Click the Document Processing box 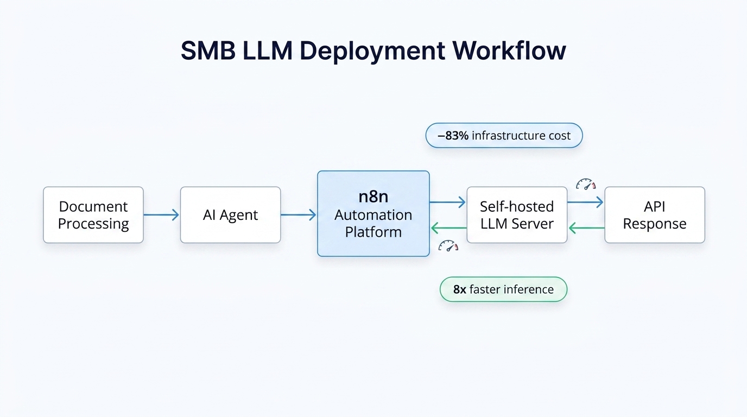click(93, 215)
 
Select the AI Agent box click(230, 215)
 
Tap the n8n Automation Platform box click(373, 213)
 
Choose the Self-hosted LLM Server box click(517, 215)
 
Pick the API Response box click(655, 215)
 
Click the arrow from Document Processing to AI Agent click(161, 215)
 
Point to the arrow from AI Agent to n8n click(299, 215)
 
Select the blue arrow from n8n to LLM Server click(448, 203)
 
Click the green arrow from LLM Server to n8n click(448, 228)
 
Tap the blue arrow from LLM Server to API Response click(586, 203)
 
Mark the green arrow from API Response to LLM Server click(586, 228)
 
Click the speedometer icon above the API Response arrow click(586, 185)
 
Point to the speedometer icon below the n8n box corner click(448, 246)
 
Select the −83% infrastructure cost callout click(504, 136)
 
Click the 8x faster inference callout click(503, 289)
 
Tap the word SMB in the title click(208, 51)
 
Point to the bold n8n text click(373, 197)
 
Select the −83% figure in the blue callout click(453, 136)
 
